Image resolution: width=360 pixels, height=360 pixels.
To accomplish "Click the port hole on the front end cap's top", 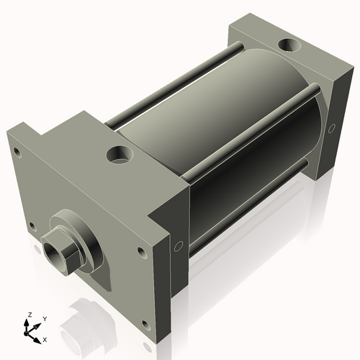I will (x=117, y=154).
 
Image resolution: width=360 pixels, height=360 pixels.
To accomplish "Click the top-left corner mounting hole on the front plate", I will (x=16, y=151).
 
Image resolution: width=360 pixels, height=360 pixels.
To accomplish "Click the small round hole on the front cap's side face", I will (x=178, y=246).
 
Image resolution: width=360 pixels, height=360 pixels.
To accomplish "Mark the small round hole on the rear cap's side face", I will (x=331, y=129).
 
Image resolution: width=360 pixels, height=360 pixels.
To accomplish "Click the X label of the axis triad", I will (x=45, y=338).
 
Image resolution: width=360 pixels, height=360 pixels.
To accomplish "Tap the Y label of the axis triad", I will (x=44, y=318).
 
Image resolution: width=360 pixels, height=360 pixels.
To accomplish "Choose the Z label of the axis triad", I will (x=29, y=315).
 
